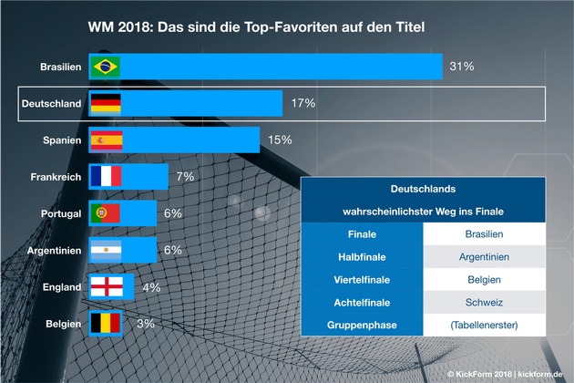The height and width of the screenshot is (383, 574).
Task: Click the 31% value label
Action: pos(462,67)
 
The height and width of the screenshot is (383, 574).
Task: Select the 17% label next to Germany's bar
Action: pos(303,103)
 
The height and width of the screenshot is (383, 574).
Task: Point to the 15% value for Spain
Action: pos(279,140)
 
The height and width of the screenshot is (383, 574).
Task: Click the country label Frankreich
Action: pos(56,176)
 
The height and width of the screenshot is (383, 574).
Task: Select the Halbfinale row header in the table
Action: pos(362,257)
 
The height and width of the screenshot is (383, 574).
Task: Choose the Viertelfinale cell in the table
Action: pos(362,280)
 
